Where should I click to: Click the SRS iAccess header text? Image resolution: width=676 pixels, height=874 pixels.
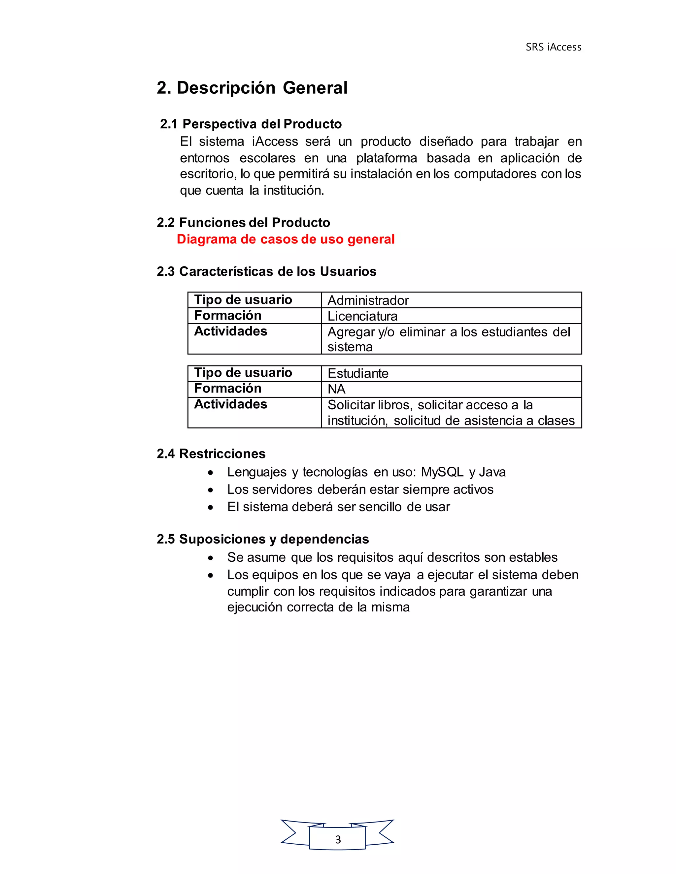553,47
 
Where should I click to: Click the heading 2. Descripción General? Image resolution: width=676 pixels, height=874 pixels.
252,88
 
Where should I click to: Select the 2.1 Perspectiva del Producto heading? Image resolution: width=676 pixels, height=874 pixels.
251,124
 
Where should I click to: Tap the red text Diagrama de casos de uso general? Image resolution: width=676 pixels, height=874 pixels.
286,239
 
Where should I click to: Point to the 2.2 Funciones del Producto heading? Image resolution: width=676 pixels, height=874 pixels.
243,223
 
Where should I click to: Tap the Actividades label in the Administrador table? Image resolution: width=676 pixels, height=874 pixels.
231,331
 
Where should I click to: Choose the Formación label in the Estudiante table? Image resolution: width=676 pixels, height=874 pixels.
227,389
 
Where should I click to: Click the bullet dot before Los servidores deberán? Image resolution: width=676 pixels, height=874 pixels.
211,490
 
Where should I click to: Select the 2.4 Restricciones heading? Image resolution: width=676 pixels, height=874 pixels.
211,454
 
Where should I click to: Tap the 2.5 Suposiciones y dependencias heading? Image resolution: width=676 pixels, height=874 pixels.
263,539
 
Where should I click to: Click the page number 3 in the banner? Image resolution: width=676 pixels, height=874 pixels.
338,840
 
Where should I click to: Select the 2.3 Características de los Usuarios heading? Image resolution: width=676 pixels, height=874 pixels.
266,272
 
